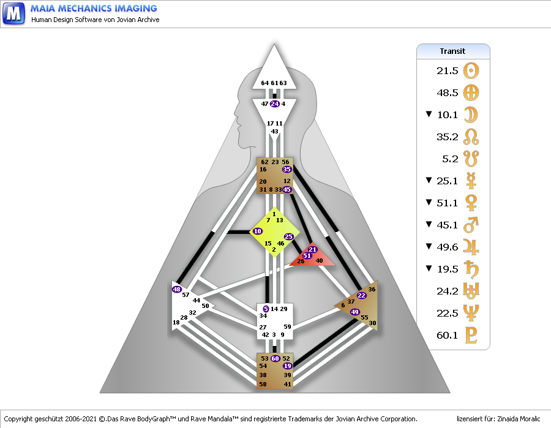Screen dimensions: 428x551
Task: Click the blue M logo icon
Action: [x=13, y=13]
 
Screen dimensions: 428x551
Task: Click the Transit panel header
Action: [x=453, y=51]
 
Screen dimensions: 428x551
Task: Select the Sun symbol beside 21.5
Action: [x=471, y=71]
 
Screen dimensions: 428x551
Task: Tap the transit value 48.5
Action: [x=448, y=93]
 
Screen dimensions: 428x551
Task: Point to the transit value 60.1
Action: [x=448, y=336]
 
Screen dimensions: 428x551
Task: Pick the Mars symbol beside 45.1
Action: [x=471, y=225]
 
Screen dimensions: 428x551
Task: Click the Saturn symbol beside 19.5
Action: [x=471, y=269]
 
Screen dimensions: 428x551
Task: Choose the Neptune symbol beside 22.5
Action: [x=471, y=313]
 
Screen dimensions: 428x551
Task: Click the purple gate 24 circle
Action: [x=274, y=104]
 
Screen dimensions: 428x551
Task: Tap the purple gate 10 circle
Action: [x=257, y=231]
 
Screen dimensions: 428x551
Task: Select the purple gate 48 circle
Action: [x=177, y=289]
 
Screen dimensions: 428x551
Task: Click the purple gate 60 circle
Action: [x=275, y=359]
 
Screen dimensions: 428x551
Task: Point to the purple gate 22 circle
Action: [x=361, y=296]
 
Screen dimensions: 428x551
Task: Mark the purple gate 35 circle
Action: [x=287, y=170]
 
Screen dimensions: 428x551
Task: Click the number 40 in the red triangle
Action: [x=319, y=261]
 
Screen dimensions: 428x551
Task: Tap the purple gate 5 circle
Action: [x=266, y=309]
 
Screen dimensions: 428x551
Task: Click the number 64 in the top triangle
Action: [x=264, y=83]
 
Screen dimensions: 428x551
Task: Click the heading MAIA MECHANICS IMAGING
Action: [x=94, y=9]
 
